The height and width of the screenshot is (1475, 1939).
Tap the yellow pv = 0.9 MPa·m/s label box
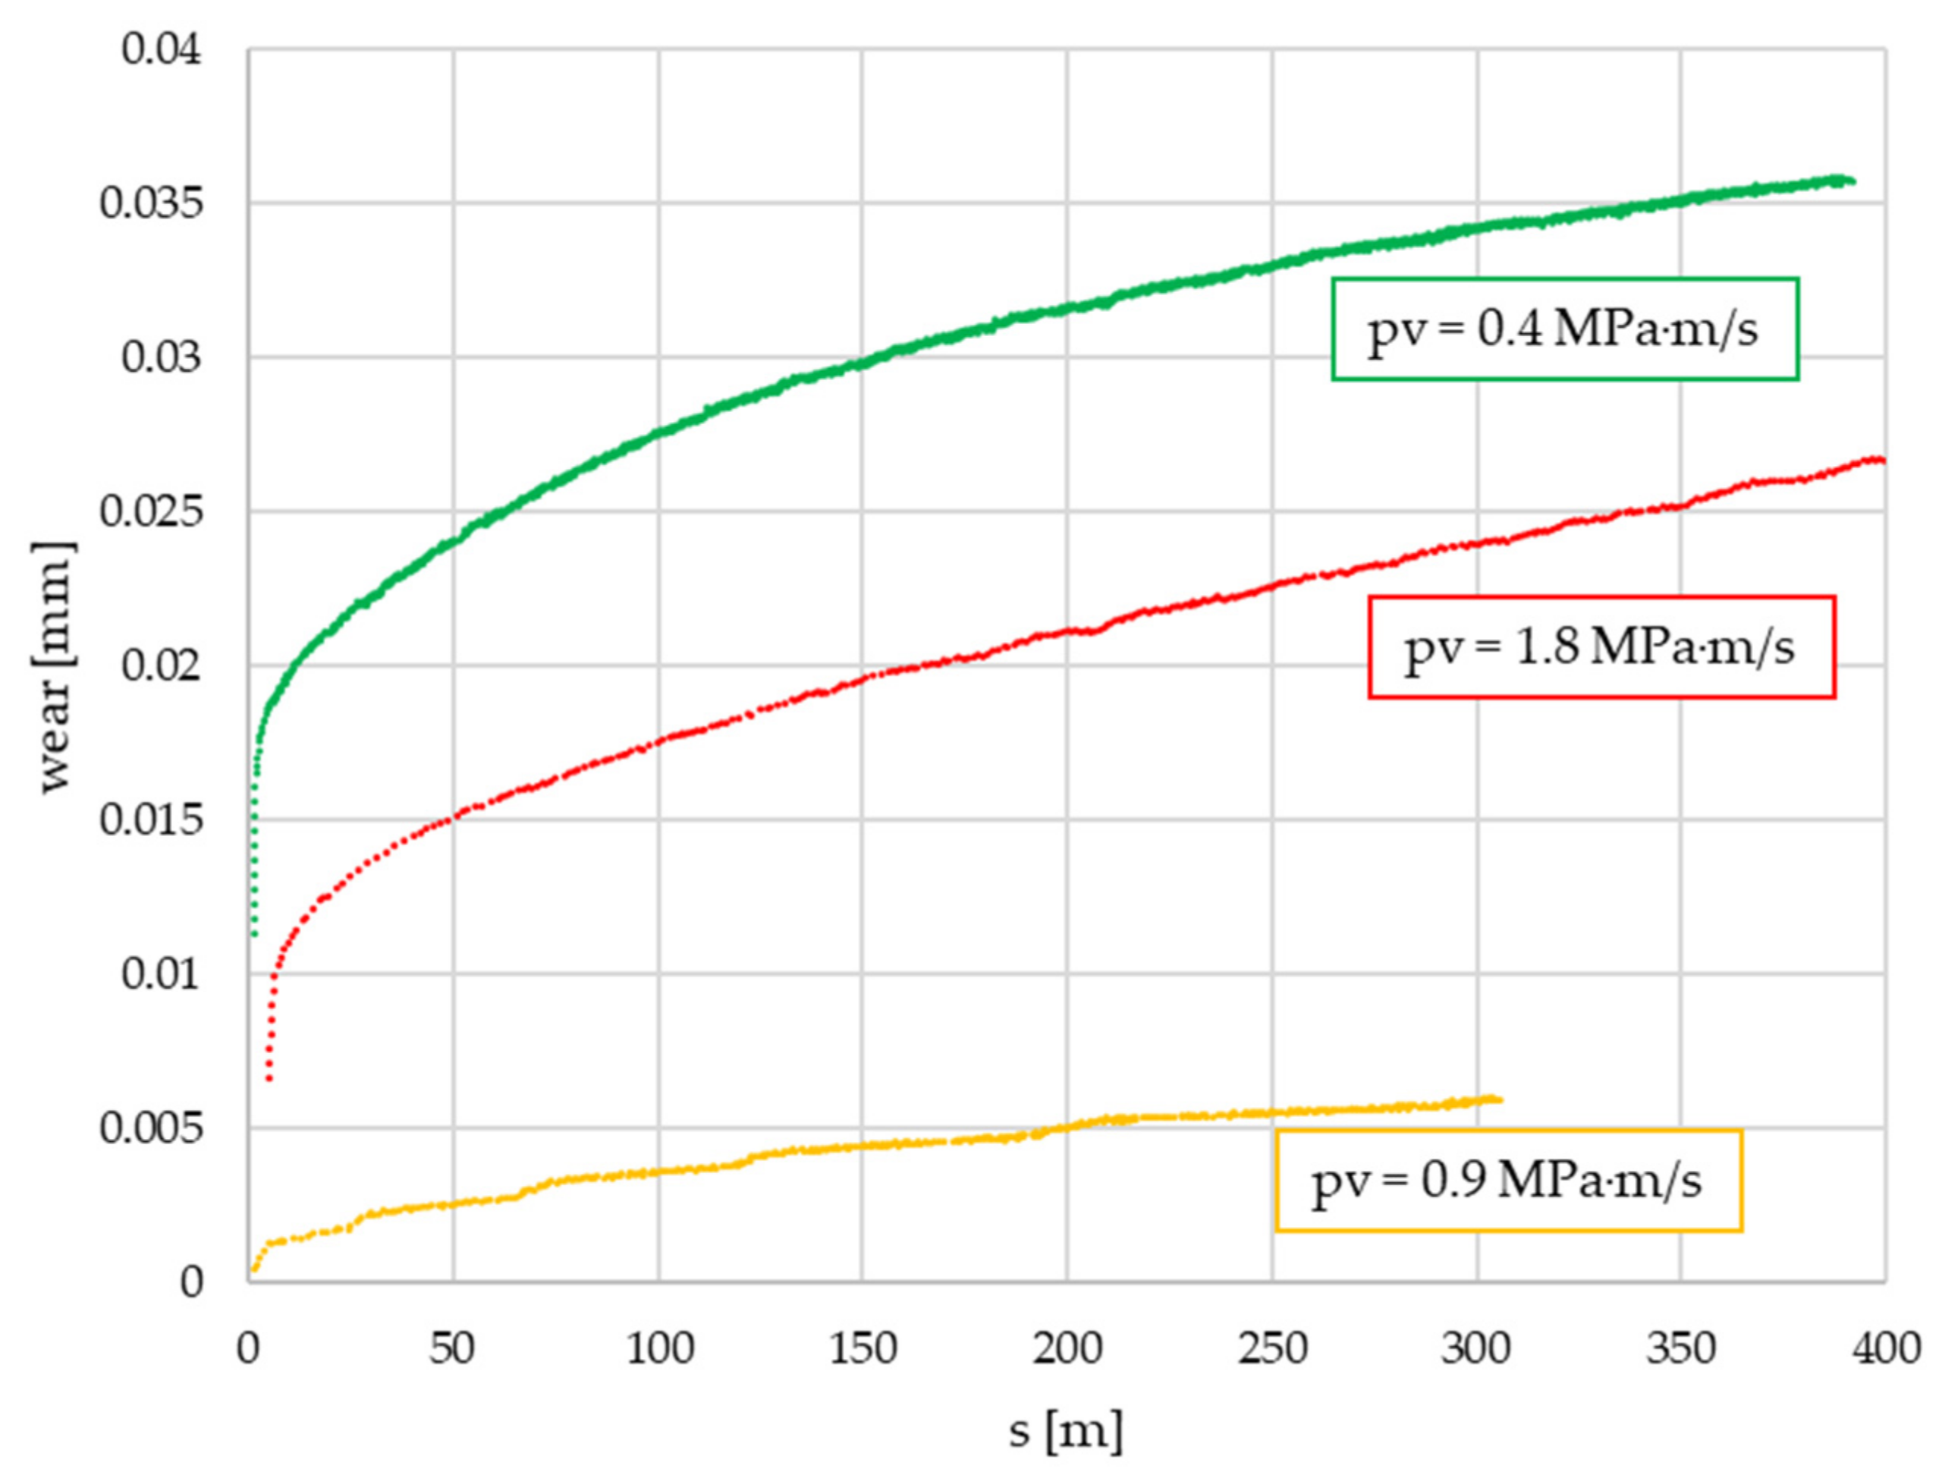tap(1507, 1181)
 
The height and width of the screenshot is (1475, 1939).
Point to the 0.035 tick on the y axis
tap(150, 203)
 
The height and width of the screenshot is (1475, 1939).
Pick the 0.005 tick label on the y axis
tap(150, 1128)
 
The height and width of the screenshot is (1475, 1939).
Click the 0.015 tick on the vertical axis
tap(150, 820)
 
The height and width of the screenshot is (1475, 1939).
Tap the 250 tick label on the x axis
tap(1272, 1348)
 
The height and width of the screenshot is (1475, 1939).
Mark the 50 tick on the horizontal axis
tap(452, 1348)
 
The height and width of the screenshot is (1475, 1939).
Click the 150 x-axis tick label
tap(862, 1348)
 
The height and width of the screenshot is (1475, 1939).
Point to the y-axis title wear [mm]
tap(55, 667)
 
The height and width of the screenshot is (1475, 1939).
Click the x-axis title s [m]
tap(1065, 1432)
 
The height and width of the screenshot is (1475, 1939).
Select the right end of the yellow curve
tap(1499, 1100)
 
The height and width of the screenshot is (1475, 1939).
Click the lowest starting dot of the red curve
tap(269, 1079)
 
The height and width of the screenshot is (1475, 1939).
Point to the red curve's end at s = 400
tap(1881, 460)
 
